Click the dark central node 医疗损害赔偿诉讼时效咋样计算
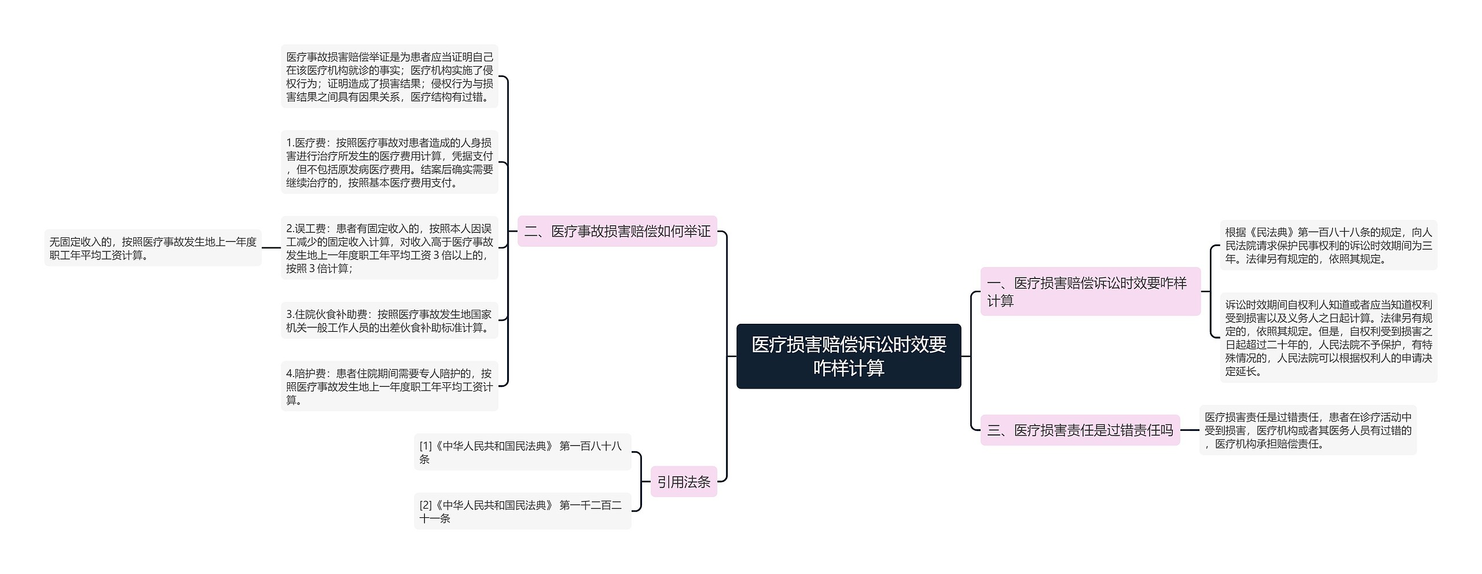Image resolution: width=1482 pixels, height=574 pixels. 848,356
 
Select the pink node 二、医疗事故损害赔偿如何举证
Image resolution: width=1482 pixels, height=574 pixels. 617,231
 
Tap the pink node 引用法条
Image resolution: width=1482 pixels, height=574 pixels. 683,481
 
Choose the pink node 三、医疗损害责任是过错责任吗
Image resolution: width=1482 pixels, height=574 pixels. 1080,430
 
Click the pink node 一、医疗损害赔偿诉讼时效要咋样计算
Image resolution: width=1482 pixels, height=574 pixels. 1090,291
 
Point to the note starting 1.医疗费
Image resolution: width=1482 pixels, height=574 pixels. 389,162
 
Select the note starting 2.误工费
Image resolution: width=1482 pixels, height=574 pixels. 389,248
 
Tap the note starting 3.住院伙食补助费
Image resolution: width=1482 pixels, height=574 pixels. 389,320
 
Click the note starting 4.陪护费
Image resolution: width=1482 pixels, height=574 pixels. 389,386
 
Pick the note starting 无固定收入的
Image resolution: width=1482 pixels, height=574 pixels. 153,248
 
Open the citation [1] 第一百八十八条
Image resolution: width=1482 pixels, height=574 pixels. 522,452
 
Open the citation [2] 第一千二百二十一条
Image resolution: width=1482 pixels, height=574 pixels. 522,511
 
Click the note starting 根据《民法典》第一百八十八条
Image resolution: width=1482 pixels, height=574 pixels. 1328,245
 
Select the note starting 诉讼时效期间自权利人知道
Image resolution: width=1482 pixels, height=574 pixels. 1328,337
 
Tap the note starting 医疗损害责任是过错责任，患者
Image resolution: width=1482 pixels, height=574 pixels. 1307,430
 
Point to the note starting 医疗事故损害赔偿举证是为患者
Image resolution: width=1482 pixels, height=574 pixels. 389,76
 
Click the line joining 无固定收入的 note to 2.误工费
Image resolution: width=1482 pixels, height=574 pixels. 271,248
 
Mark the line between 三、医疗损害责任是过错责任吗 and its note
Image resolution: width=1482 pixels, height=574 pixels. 1189,430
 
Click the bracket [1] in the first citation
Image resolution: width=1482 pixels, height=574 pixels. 425,445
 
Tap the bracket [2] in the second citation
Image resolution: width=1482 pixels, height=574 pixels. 425,504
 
